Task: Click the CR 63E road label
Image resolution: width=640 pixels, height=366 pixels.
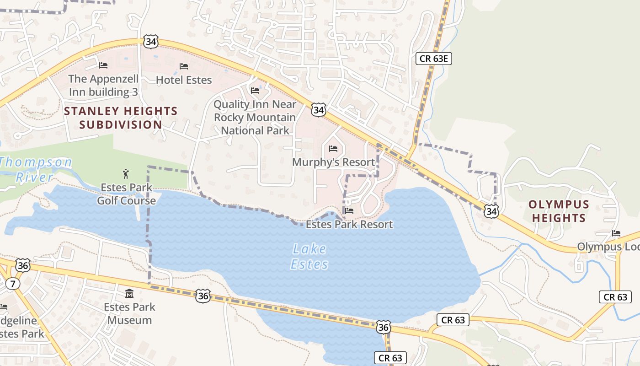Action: point(434,58)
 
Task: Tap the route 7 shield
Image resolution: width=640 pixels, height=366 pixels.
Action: point(13,284)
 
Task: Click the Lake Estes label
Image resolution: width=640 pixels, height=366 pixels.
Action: point(309,257)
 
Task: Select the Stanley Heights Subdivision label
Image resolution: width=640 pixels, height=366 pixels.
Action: point(121,118)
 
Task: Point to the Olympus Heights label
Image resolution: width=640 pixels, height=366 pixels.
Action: point(559,211)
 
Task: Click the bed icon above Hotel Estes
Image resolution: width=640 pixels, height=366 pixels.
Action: point(184,67)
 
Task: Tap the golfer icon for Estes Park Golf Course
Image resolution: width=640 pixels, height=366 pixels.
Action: point(126,174)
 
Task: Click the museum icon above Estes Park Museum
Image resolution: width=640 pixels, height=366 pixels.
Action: point(129,293)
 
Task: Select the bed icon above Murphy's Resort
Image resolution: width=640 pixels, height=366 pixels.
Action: point(333,149)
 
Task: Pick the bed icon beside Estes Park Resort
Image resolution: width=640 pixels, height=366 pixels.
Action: point(349,211)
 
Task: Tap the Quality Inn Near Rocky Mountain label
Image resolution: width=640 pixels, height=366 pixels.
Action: point(255,117)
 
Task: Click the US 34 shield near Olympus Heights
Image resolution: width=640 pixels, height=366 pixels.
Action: point(491,211)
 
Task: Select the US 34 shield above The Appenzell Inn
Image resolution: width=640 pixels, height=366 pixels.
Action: point(150,42)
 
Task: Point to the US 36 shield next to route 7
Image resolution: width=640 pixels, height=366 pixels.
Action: point(22,265)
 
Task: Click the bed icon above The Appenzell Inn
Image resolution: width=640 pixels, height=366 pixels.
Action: point(103,65)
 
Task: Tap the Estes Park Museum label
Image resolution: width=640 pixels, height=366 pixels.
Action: point(129,313)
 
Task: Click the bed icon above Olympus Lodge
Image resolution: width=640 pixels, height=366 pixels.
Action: point(616,233)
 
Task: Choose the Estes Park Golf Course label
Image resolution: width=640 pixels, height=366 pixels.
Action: point(126,194)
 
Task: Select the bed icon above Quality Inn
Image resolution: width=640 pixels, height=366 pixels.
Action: point(255,91)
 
